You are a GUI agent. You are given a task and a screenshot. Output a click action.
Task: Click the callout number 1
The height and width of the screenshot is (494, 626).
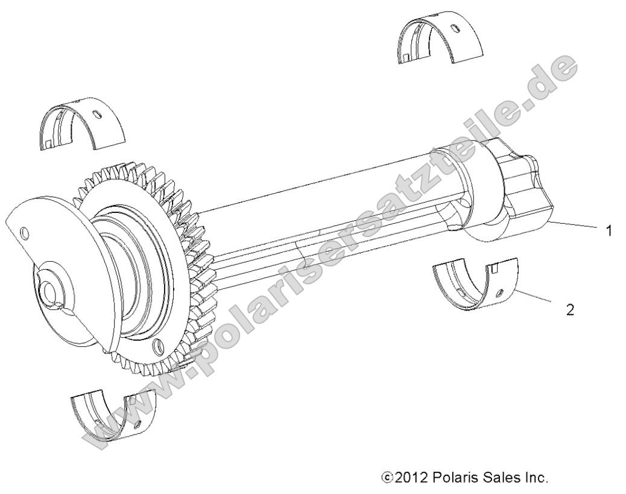[x=609, y=230]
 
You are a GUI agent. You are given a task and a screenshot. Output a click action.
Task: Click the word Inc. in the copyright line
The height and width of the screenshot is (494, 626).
[x=535, y=478]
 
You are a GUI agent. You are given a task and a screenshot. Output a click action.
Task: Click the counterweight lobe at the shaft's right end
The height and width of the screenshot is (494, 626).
[x=522, y=193]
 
